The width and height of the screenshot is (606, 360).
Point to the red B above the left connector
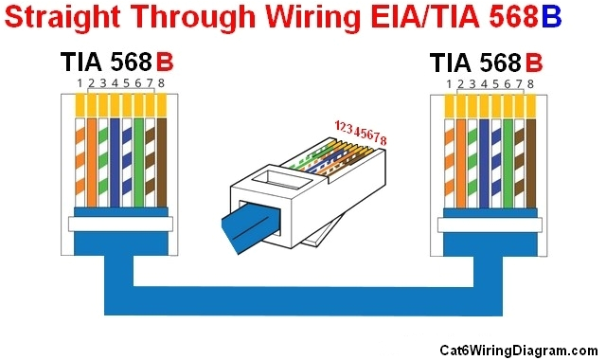click(164, 63)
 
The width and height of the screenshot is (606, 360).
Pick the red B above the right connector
click(533, 63)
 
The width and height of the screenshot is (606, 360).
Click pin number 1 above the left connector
click(79, 84)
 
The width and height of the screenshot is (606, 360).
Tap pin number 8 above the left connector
click(162, 84)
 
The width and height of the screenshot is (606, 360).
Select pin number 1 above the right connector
click(448, 84)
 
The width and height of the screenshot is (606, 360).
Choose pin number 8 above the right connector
click(531, 84)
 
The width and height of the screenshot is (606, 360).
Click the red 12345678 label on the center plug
click(361, 133)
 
